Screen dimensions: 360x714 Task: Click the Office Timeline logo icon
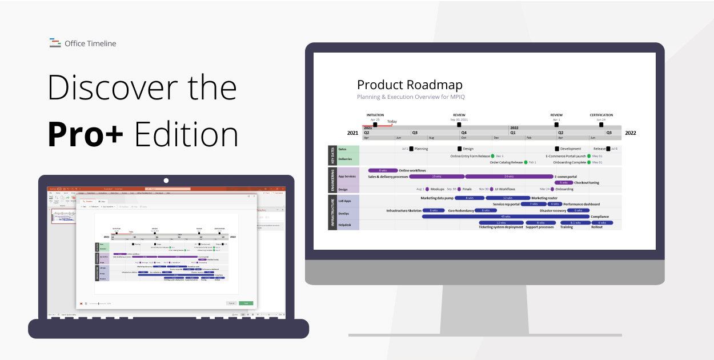pos(55,43)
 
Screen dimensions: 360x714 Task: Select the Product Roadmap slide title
pos(410,85)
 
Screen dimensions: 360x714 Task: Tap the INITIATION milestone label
pos(375,115)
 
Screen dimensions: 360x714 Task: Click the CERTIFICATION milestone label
pos(601,115)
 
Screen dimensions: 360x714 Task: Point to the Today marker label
pos(392,121)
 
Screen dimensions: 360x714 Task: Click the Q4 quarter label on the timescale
pos(464,132)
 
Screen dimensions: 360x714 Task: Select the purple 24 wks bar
pos(509,177)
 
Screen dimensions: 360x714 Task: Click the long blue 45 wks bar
pos(505,217)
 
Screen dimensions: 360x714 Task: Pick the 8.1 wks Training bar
pos(575,223)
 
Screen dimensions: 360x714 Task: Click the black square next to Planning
pos(411,149)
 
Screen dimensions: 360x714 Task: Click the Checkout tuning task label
pos(587,183)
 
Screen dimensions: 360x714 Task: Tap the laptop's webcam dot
pos(166,181)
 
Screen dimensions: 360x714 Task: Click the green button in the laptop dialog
pos(246,303)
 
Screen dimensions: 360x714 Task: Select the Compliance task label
pos(600,217)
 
